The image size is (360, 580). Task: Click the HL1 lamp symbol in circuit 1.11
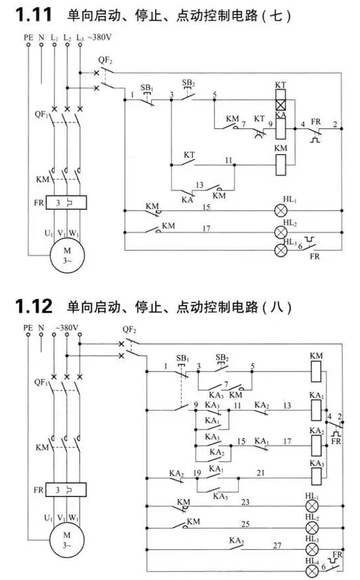[x=280, y=211]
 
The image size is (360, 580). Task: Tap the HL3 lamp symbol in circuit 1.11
[x=280, y=250]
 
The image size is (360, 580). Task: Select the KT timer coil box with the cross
[x=280, y=99]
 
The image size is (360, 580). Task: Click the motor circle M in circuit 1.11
[x=67, y=255]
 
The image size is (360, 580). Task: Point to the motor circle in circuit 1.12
[x=67, y=540]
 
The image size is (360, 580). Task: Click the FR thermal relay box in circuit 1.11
[x=67, y=203]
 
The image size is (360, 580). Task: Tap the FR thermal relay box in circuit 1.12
[x=66, y=490]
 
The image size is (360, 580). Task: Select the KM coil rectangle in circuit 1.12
[x=316, y=372]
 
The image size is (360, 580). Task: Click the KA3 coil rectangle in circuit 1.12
[x=316, y=476]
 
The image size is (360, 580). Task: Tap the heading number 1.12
[x=34, y=306]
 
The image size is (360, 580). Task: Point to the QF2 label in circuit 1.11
[x=106, y=60]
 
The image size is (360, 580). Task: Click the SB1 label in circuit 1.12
[x=183, y=359]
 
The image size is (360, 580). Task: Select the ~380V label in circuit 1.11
[x=99, y=37]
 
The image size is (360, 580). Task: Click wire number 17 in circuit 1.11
[x=206, y=228]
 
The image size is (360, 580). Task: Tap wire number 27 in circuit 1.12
[x=277, y=545]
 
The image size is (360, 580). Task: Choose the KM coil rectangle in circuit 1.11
[x=281, y=165]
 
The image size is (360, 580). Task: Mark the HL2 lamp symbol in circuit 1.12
[x=312, y=528]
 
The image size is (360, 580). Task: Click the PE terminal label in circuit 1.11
[x=29, y=37]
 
